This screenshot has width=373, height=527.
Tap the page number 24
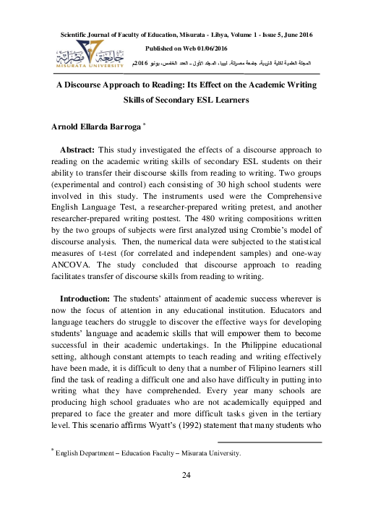pos(186,475)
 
